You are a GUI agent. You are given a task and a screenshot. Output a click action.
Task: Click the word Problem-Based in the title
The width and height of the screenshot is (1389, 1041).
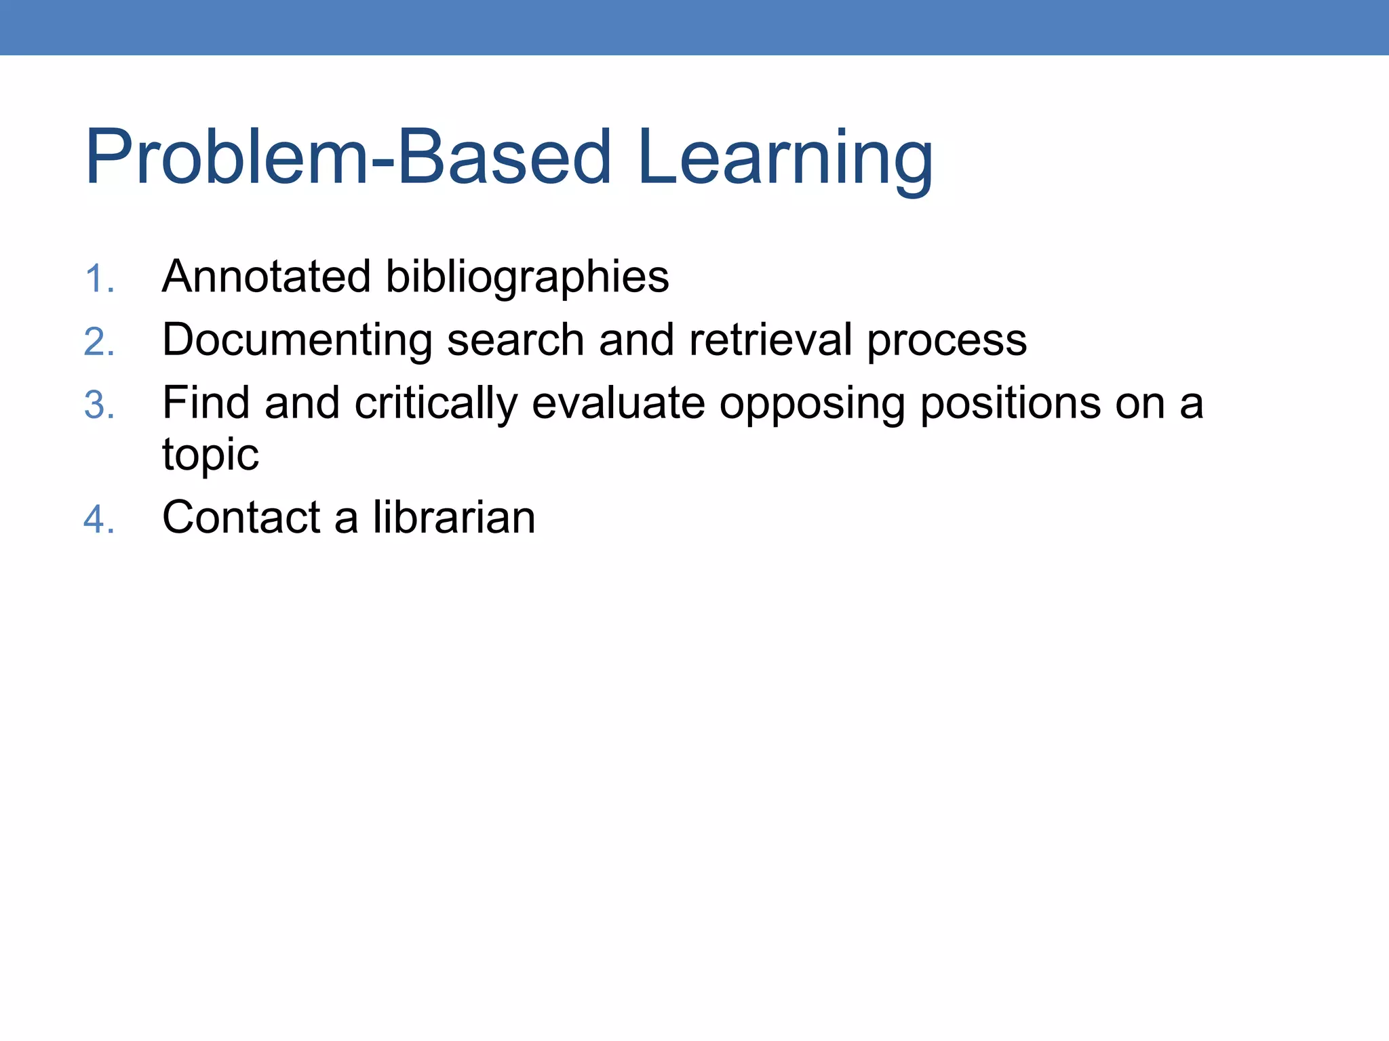point(348,157)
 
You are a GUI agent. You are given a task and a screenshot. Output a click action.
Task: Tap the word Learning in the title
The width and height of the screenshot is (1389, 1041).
point(785,159)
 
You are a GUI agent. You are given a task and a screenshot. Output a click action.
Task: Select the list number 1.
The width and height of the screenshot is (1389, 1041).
point(99,279)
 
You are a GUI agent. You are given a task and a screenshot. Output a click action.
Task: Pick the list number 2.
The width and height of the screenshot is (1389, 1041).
point(99,342)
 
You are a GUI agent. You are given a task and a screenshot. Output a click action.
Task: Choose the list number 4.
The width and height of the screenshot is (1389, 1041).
point(99,520)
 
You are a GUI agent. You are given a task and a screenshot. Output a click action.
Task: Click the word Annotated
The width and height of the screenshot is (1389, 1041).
point(267,277)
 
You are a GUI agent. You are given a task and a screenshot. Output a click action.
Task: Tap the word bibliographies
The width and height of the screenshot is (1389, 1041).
point(527,278)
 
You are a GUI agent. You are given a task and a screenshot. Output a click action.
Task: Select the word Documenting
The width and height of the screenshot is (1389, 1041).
point(297,340)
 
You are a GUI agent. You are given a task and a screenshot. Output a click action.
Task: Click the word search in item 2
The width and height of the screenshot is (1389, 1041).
point(515,340)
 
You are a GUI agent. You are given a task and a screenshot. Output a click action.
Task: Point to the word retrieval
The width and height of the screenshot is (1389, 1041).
point(770,340)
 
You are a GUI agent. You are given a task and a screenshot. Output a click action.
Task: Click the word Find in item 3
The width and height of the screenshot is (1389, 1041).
point(206,403)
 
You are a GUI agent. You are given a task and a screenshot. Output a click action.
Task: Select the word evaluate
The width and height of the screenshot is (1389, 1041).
point(619,403)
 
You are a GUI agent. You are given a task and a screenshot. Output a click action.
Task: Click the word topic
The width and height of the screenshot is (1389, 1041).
point(210,455)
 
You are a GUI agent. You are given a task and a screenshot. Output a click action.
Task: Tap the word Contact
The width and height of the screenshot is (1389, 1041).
point(241,517)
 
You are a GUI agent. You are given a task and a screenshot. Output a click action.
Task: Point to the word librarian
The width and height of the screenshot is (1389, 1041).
point(454,517)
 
